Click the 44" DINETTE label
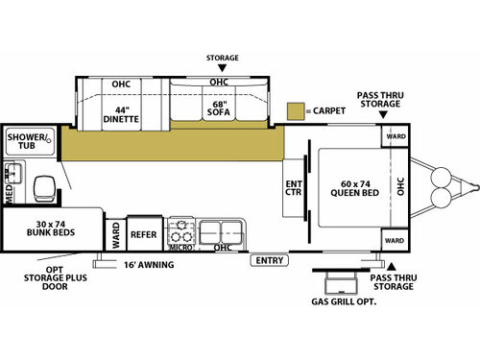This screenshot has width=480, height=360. [121, 114]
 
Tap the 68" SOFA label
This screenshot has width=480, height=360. [219, 114]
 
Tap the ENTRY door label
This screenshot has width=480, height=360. [271, 260]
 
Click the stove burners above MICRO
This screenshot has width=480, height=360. [180, 231]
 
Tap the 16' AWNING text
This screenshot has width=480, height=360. [149, 264]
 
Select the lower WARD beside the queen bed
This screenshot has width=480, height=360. [395, 236]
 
